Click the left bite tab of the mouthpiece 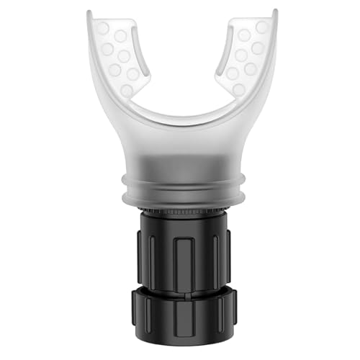119,58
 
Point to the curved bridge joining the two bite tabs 180,119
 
